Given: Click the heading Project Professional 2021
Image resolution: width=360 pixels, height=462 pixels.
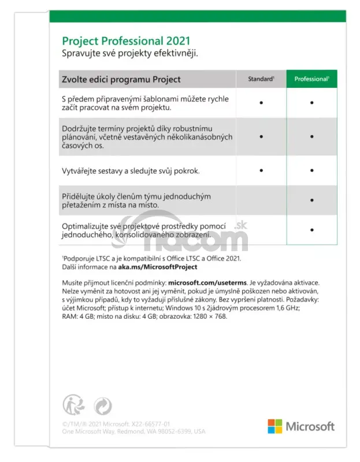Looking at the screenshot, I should tap(125, 42).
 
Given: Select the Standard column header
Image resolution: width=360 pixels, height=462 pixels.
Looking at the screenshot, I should tap(261, 79).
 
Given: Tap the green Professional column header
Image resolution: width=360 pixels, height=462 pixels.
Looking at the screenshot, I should tap(311, 79).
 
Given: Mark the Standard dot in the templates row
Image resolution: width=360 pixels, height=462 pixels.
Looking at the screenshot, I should tap(261, 102).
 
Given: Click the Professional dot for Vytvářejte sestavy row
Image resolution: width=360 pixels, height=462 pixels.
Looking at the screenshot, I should tap(311, 170).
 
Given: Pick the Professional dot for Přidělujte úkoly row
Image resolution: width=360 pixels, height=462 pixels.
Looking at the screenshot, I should tap(311, 200).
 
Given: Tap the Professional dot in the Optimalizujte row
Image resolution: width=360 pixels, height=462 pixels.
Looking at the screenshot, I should tap(311, 230).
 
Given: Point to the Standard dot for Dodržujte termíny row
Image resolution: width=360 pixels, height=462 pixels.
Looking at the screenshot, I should tap(261, 137).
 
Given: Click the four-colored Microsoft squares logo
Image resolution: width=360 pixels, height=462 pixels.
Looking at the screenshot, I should tap(274, 426).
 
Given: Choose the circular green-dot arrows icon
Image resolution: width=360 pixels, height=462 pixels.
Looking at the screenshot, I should tap(102, 406).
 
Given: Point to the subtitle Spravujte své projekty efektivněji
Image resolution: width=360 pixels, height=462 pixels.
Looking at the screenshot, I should tap(130, 54).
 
